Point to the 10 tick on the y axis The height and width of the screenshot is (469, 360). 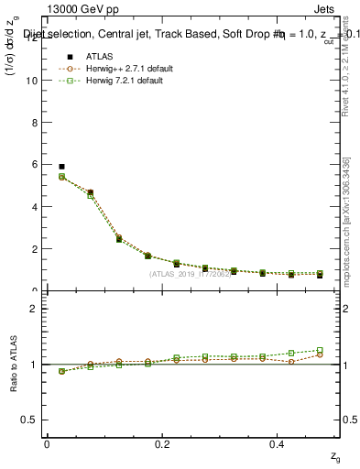pyautogui.click(x=31, y=80)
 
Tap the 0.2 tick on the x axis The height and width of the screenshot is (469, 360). pyautogui.click(x=161, y=443)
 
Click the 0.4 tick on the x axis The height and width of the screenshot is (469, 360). pyautogui.click(x=277, y=443)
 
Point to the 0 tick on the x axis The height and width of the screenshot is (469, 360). pyautogui.click(x=47, y=443)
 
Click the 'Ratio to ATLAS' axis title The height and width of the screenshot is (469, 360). pyautogui.click(x=13, y=363)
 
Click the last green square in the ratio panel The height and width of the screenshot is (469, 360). pyautogui.click(x=320, y=350)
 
